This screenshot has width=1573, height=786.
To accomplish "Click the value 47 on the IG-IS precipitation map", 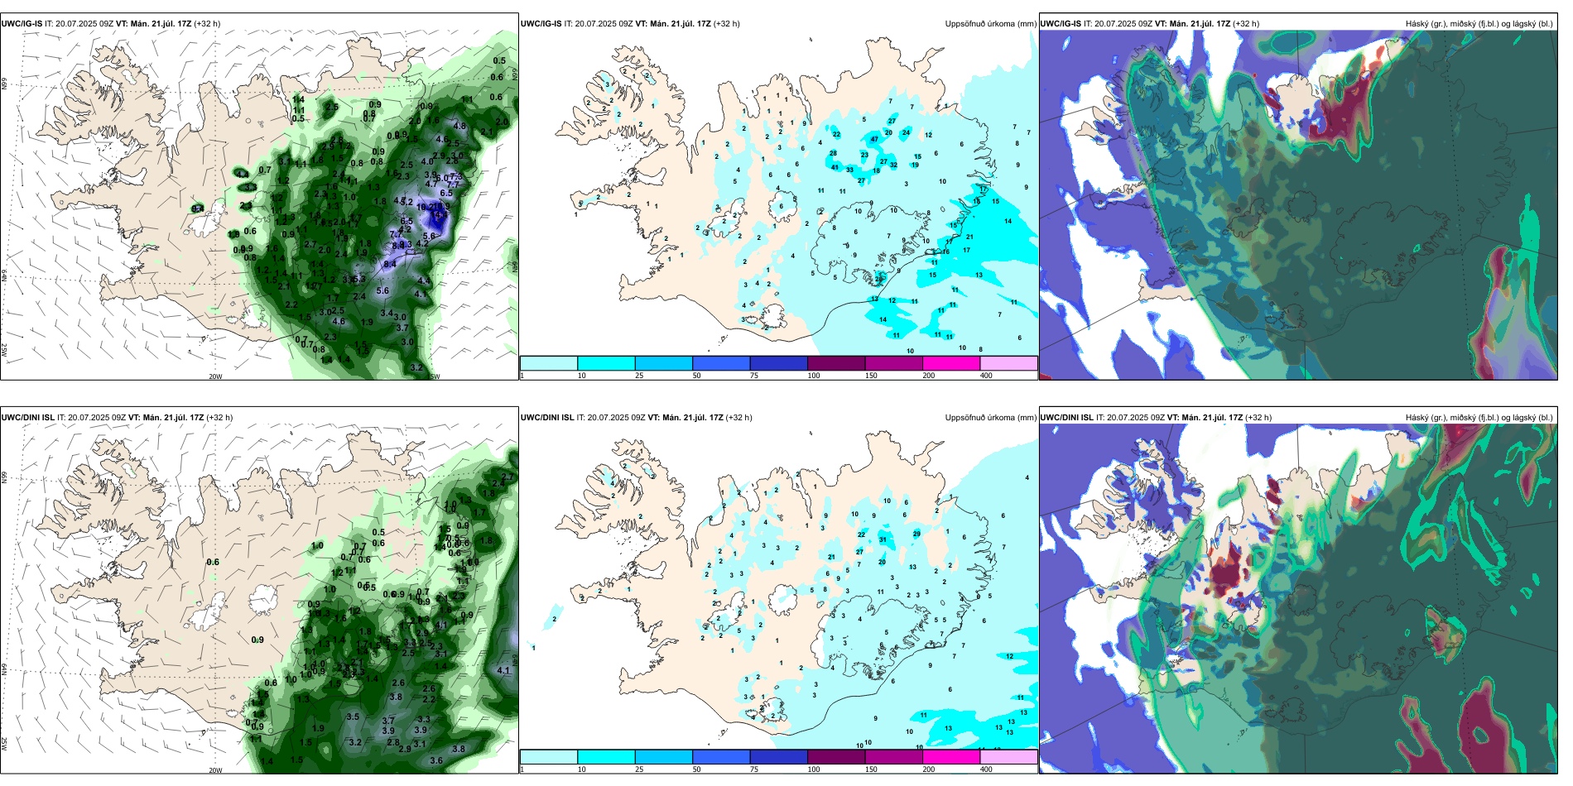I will tap(874, 139).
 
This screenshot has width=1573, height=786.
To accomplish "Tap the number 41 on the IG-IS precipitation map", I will tap(835, 167).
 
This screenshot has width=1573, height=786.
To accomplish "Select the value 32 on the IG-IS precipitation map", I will tap(893, 165).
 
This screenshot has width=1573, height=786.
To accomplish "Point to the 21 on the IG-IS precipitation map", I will tap(969, 237).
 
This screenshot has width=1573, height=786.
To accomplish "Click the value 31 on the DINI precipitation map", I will tap(883, 539).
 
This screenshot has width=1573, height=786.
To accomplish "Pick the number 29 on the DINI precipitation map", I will tap(916, 534).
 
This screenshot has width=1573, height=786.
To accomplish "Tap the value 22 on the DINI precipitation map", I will tap(861, 534).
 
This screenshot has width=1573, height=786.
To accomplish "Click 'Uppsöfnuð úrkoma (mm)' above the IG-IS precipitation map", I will tap(990, 24).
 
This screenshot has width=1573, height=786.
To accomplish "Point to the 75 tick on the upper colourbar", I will tap(754, 376).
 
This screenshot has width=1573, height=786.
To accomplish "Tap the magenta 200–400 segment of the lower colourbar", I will tap(951, 757).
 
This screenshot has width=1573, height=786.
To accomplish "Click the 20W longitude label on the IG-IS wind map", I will tap(215, 376).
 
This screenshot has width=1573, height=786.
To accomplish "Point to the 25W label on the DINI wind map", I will tap(4, 744).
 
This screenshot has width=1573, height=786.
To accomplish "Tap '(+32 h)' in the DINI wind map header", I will tap(219, 418).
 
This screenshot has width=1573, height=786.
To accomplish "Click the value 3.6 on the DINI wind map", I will tap(436, 760).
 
